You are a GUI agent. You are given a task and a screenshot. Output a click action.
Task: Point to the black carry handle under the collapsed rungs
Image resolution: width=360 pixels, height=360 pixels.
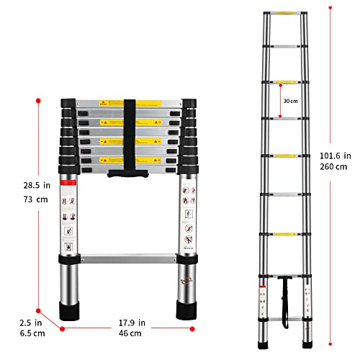(x=127, y=174)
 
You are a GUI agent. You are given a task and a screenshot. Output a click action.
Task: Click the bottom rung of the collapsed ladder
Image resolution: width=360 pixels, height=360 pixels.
(x=127, y=257)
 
